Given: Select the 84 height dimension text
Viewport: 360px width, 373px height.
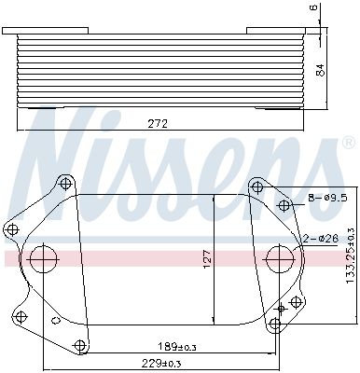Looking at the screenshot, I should (x=323, y=69).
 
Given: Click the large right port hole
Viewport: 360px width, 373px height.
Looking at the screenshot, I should (x=279, y=258).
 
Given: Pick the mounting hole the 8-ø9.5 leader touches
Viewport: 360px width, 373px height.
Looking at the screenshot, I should (x=284, y=204).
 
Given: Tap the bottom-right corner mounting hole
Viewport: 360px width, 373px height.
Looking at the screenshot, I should (x=274, y=325).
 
